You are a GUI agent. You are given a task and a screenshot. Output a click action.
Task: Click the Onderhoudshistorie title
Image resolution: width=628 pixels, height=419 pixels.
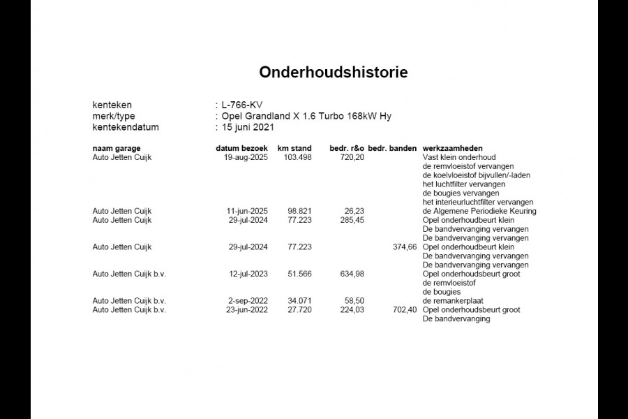click(x=334, y=72)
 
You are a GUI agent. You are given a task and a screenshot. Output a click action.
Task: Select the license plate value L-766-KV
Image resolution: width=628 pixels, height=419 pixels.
click(x=242, y=105)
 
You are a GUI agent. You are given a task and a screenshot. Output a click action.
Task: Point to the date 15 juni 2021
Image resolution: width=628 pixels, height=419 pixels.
click(x=248, y=127)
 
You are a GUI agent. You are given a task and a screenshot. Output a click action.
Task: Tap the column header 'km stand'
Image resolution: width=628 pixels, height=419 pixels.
click(x=294, y=149)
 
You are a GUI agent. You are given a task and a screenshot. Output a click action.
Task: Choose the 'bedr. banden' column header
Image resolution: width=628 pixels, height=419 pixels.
click(x=392, y=149)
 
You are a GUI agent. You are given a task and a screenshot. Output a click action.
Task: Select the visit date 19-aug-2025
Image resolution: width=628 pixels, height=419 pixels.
click(x=247, y=157)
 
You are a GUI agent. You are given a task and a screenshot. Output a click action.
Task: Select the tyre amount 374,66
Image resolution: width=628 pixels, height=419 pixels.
click(x=405, y=247)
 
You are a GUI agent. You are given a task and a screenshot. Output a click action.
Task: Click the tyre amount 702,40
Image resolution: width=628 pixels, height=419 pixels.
click(x=405, y=310)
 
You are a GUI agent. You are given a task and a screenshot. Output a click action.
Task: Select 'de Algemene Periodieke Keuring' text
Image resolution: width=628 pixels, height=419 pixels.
click(x=479, y=211)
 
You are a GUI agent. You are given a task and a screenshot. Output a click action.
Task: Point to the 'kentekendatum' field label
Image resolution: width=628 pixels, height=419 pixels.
click(x=126, y=127)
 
